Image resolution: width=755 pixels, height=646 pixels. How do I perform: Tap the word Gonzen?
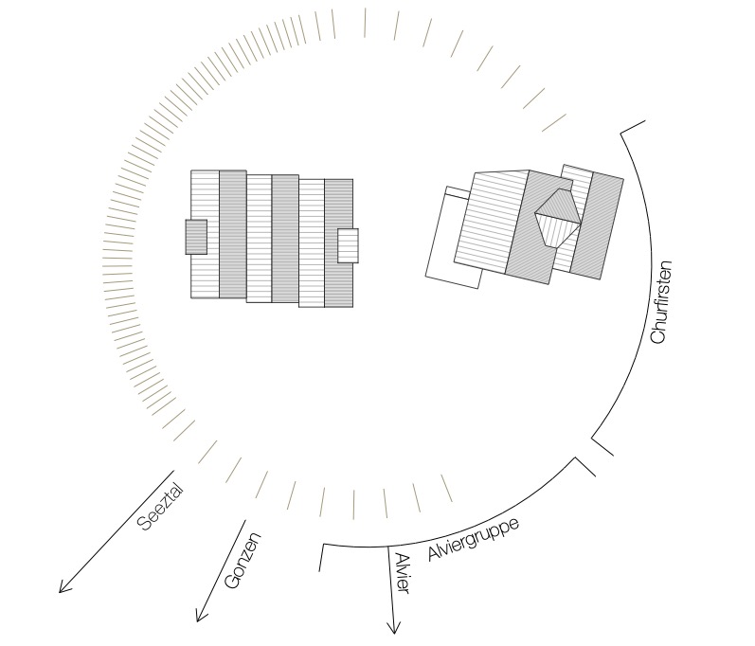point(243,561)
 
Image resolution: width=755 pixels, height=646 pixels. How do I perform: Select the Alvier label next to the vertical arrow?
point(402,573)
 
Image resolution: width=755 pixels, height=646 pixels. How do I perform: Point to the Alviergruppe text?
point(474,539)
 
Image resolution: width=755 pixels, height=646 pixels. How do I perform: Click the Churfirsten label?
point(660,302)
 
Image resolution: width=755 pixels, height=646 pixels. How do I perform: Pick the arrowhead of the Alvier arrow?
point(394,627)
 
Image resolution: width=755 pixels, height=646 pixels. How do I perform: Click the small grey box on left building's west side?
point(196,237)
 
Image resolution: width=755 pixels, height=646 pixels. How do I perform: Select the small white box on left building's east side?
point(348,245)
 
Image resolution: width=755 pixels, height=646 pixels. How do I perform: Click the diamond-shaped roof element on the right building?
point(558,218)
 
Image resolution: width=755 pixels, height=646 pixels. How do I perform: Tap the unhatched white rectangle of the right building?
point(454,238)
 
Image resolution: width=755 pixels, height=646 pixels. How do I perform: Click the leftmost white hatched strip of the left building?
point(206,234)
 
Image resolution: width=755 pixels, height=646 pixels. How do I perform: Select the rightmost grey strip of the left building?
point(338,243)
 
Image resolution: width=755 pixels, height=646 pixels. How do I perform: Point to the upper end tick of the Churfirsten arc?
point(632,127)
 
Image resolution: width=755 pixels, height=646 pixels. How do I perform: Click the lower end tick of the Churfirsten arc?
point(602,446)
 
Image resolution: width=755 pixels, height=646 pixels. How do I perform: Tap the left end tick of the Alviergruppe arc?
point(321,557)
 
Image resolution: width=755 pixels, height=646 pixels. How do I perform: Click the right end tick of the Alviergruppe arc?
point(585,466)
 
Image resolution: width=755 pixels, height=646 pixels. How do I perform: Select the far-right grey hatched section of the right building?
point(597,225)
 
